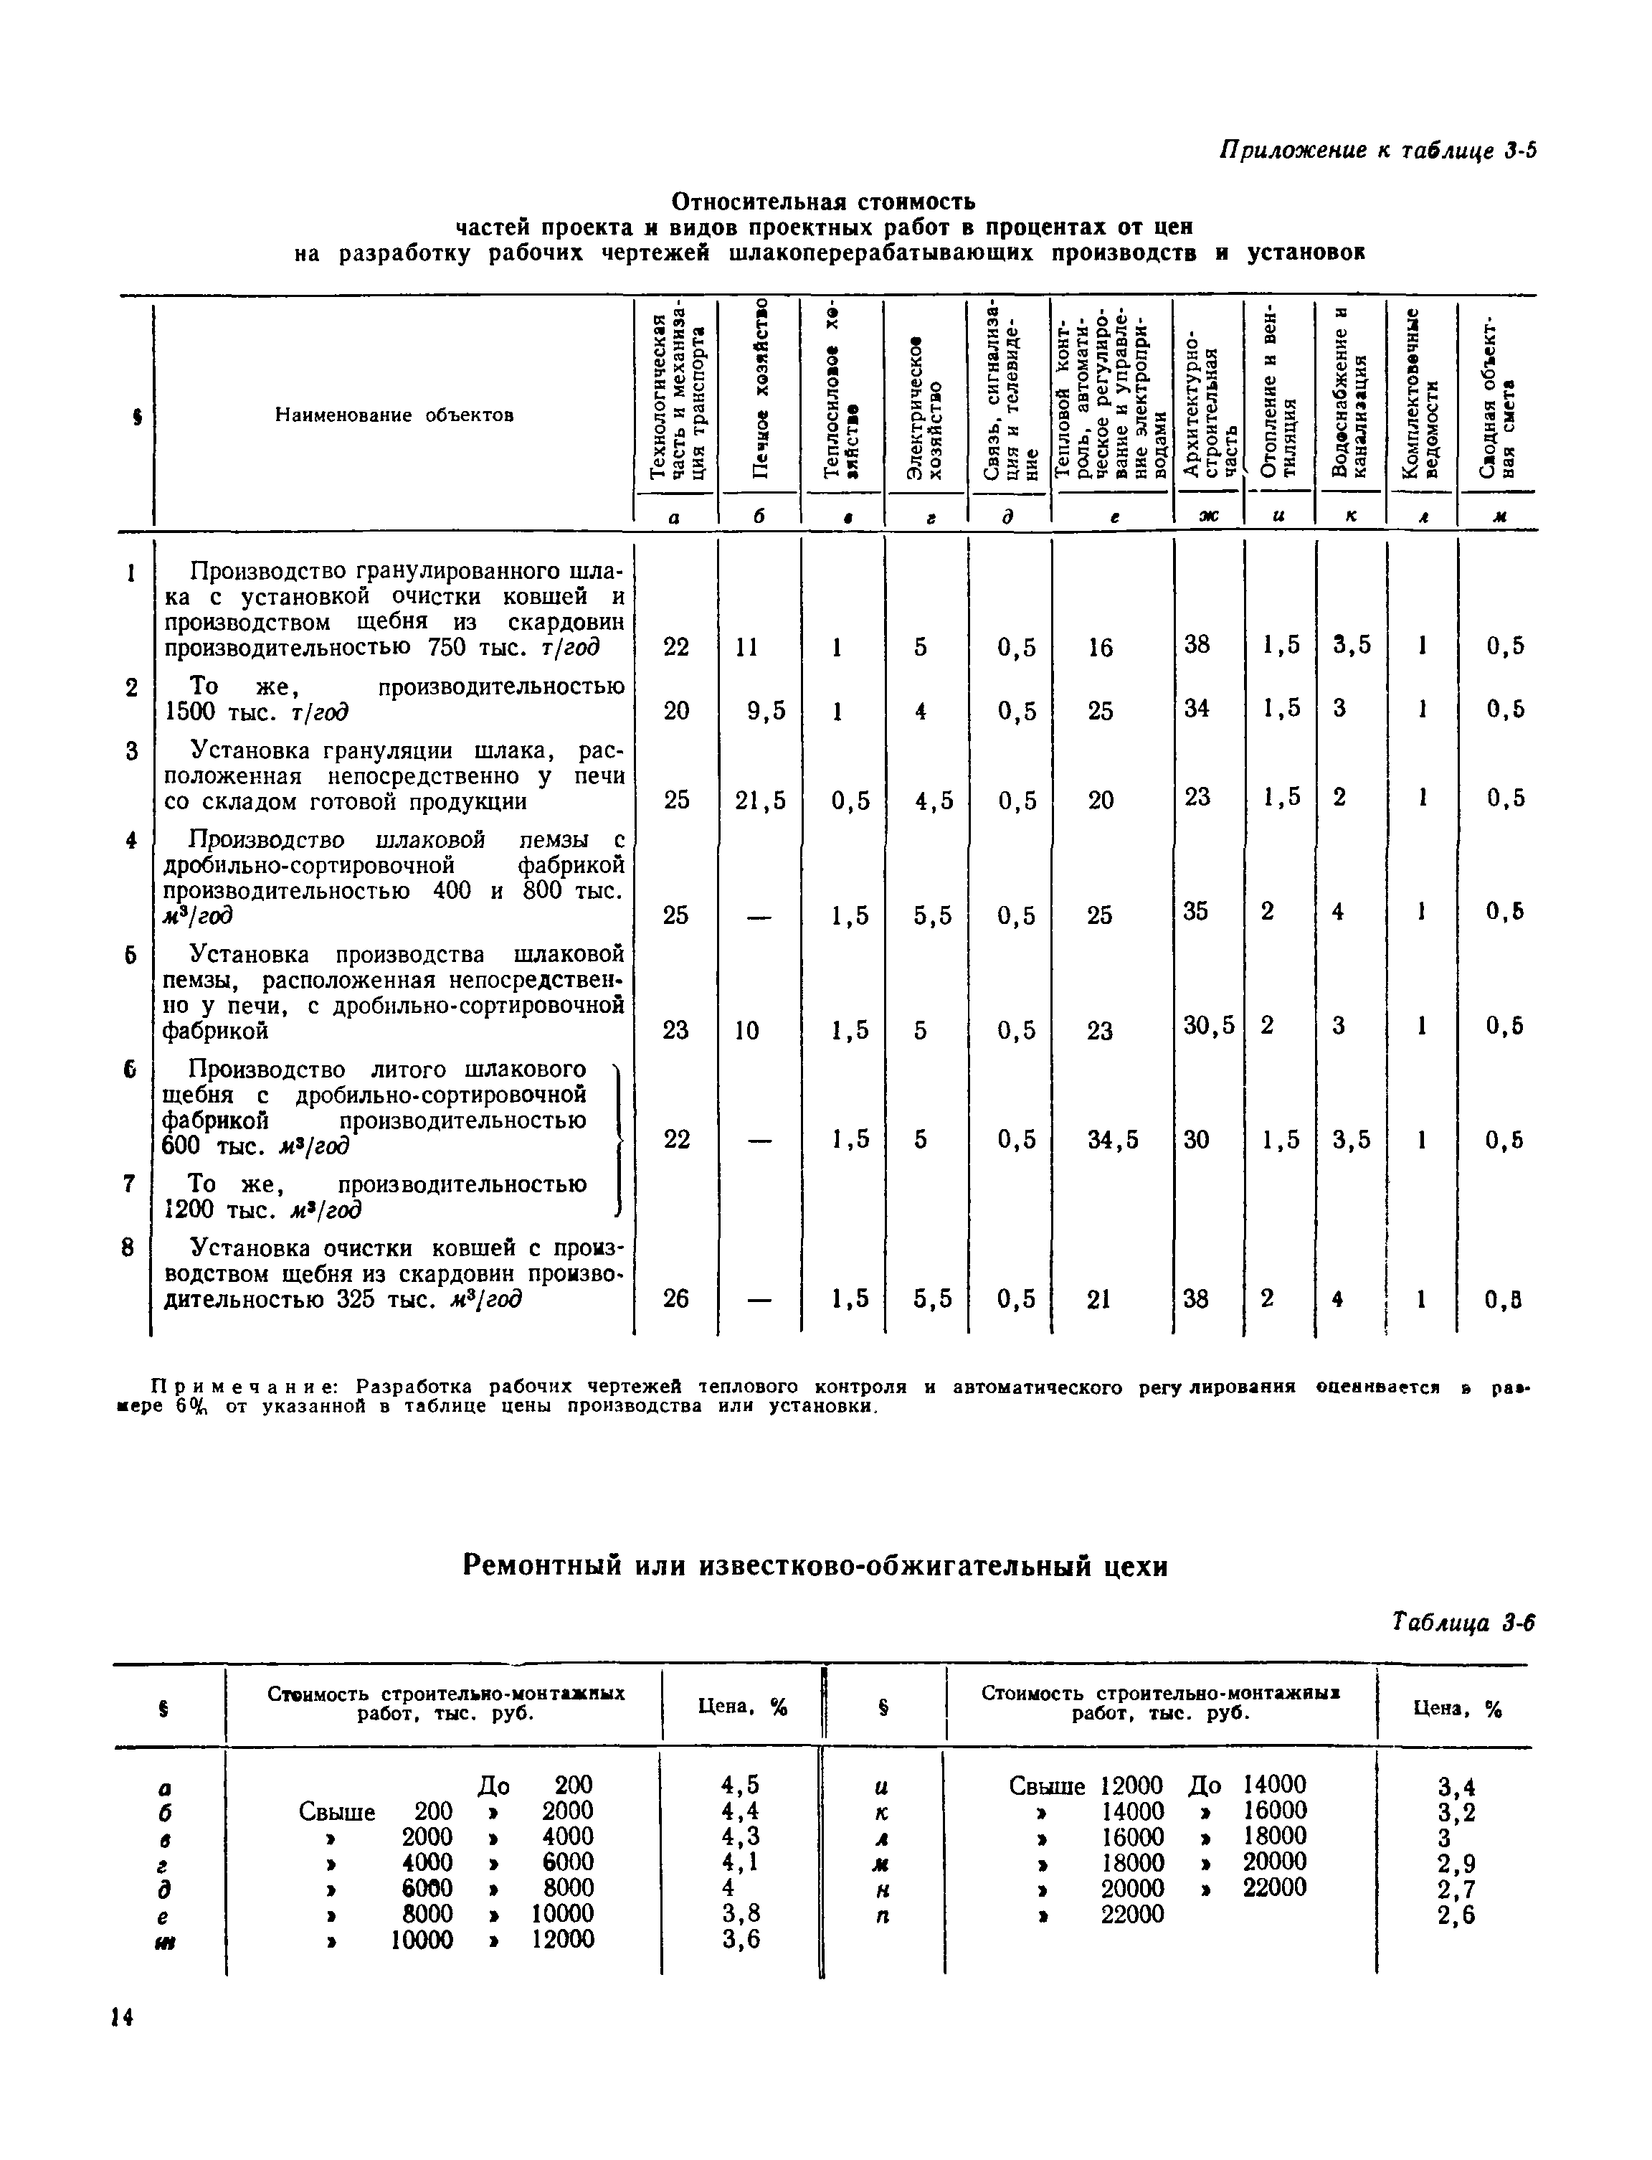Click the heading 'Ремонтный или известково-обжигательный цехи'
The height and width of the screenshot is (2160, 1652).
click(x=815, y=1565)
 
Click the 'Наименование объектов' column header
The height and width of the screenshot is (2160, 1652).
click(x=394, y=415)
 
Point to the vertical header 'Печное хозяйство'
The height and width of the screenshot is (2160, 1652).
click(x=759, y=393)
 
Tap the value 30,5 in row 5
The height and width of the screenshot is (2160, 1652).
click(x=1208, y=1027)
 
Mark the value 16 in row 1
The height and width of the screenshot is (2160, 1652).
click(x=1101, y=647)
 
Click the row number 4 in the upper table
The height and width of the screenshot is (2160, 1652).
click(x=130, y=840)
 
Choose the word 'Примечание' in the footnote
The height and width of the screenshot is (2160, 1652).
click(x=243, y=1388)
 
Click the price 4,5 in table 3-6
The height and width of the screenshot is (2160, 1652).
click(x=739, y=1786)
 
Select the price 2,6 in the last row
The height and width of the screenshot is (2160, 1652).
click(x=1456, y=1915)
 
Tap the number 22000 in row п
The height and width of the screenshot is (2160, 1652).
click(x=1132, y=1914)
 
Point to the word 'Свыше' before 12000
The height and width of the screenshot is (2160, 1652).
click(x=1046, y=1786)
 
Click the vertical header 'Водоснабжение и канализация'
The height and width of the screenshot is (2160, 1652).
click(x=1350, y=393)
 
